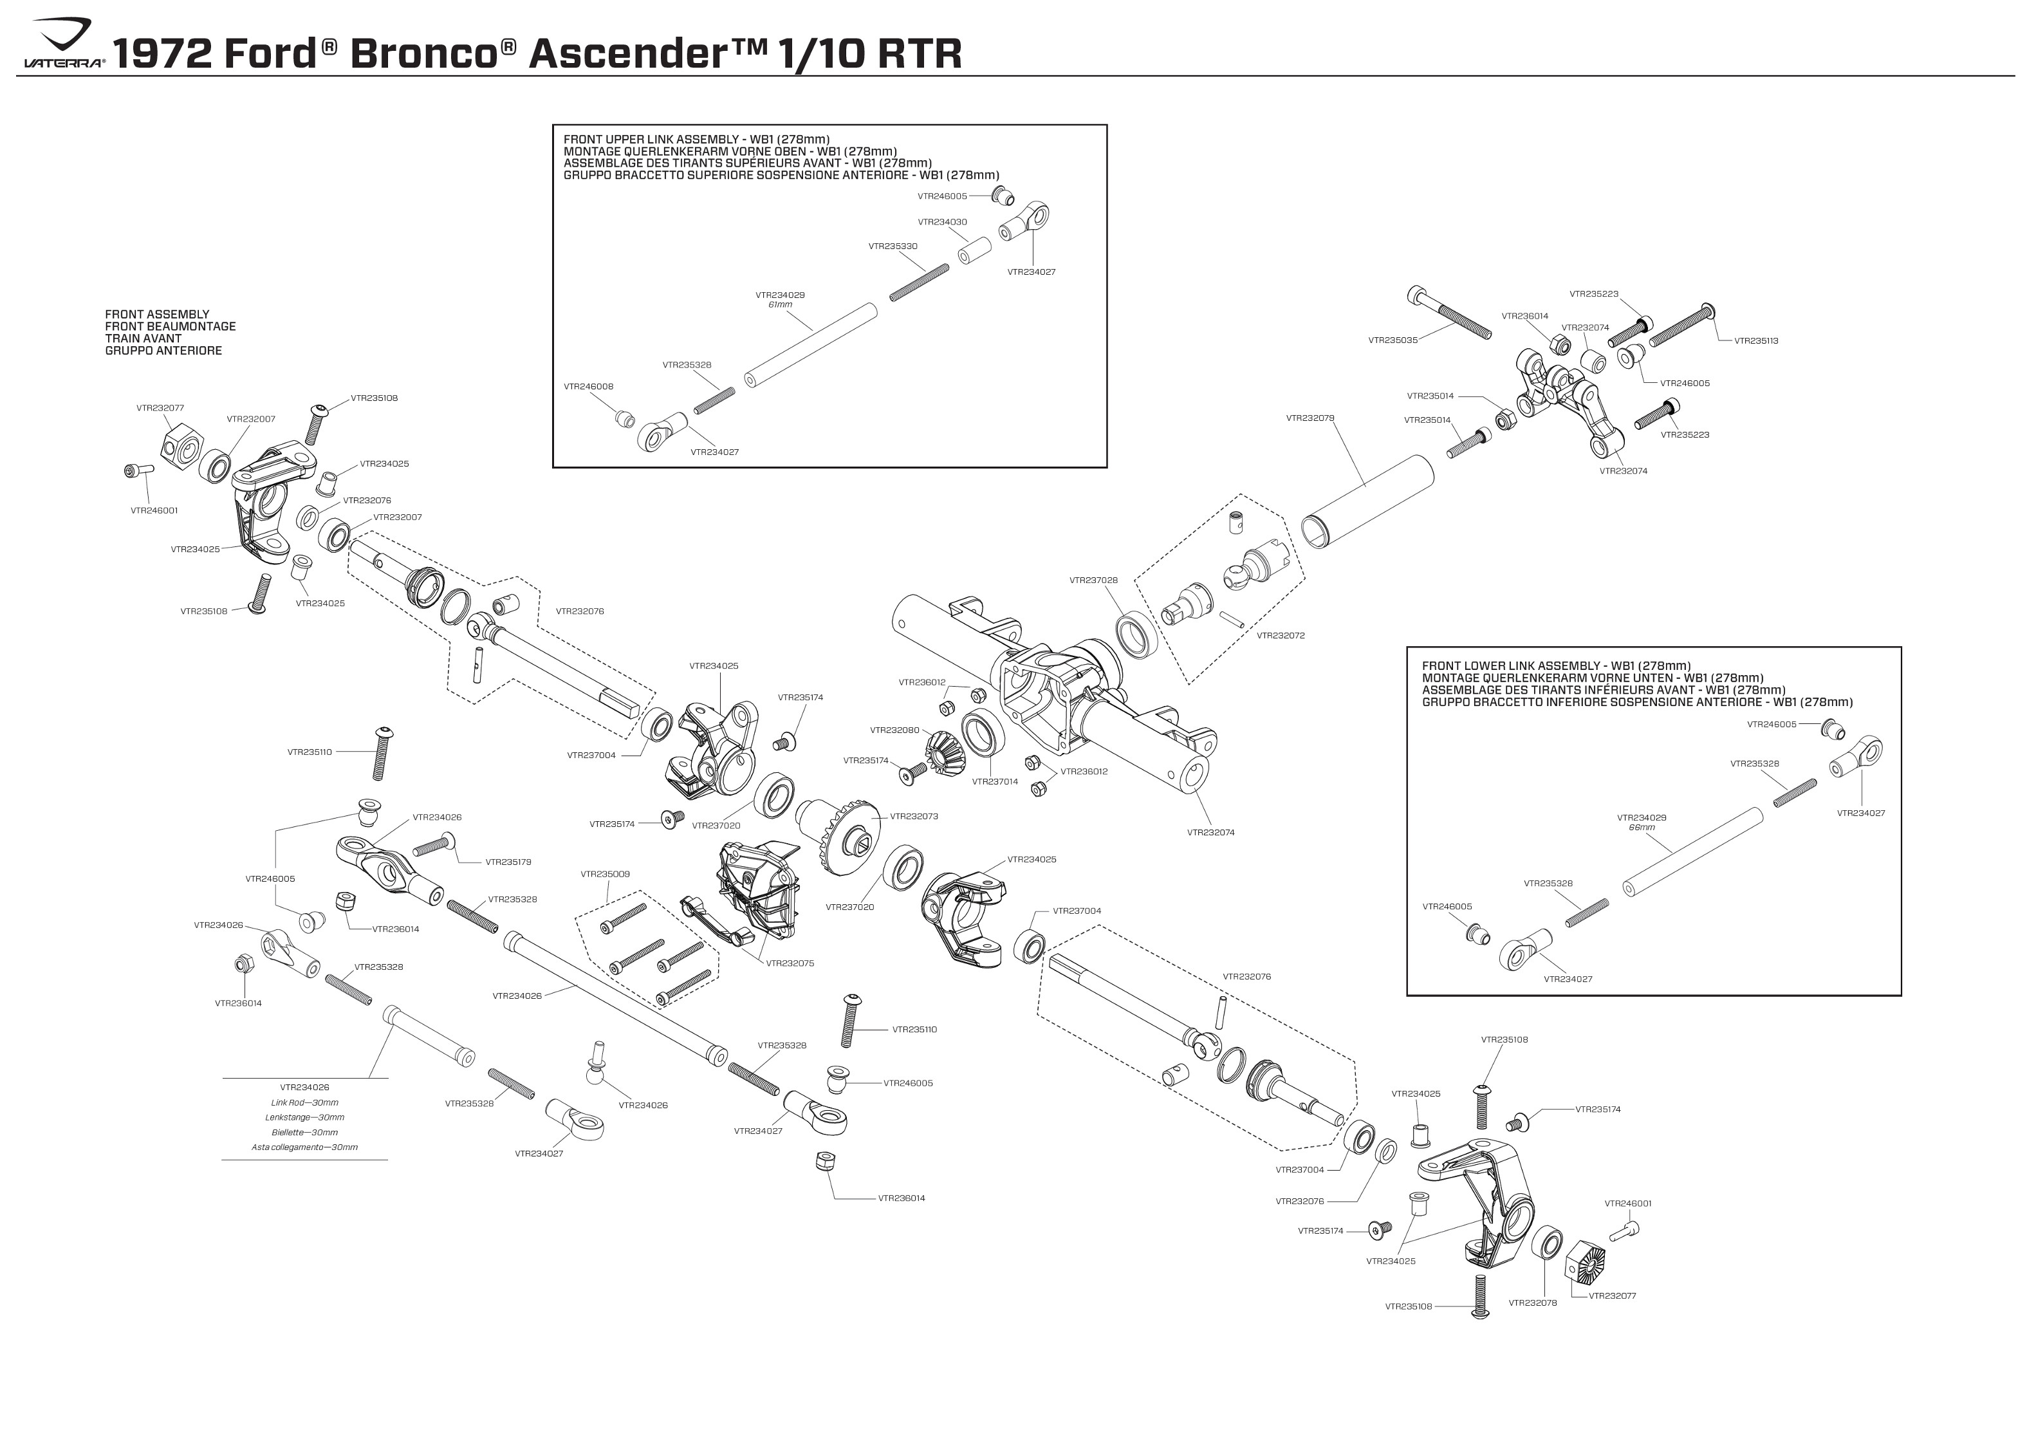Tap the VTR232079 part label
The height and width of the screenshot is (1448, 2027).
1310,417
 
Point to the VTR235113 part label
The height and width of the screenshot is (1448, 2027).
1755,340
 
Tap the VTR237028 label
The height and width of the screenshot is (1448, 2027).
1093,580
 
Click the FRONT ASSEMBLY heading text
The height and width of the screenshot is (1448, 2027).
157,314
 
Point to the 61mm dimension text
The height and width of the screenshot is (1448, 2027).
779,305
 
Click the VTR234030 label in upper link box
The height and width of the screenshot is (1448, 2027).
941,222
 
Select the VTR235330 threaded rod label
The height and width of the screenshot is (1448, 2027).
893,246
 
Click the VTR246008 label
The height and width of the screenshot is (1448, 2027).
588,387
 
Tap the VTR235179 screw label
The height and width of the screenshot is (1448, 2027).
508,862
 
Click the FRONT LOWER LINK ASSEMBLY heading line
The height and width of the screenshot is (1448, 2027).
1555,666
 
